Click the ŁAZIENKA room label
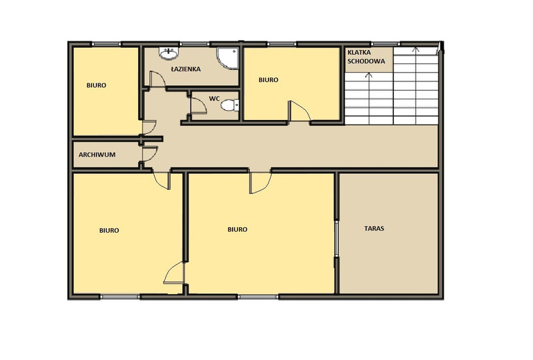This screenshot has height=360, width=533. click(x=186, y=69)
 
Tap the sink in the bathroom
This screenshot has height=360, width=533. click(x=169, y=53)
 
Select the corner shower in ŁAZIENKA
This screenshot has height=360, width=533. click(x=227, y=58)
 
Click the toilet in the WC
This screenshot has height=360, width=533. click(x=230, y=105)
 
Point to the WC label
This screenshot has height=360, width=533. click(x=214, y=99)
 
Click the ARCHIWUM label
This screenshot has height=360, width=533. click(x=97, y=155)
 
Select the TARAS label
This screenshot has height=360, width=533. click(x=374, y=228)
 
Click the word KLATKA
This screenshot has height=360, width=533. click(x=359, y=53)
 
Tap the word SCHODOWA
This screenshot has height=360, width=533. click(x=366, y=61)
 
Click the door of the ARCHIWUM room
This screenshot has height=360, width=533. click(x=149, y=154)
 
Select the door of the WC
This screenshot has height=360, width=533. click(x=199, y=105)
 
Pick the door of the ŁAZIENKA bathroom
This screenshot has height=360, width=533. click(x=157, y=79)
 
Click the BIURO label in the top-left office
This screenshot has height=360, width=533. click(x=96, y=85)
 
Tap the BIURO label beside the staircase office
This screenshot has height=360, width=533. click(x=268, y=80)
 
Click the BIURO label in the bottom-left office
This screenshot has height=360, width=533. click(x=109, y=231)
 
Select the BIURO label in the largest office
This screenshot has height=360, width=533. click(x=237, y=230)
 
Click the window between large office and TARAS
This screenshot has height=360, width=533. click(x=336, y=238)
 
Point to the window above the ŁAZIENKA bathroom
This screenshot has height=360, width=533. click(x=194, y=44)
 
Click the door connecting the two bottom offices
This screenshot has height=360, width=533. click(x=175, y=273)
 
